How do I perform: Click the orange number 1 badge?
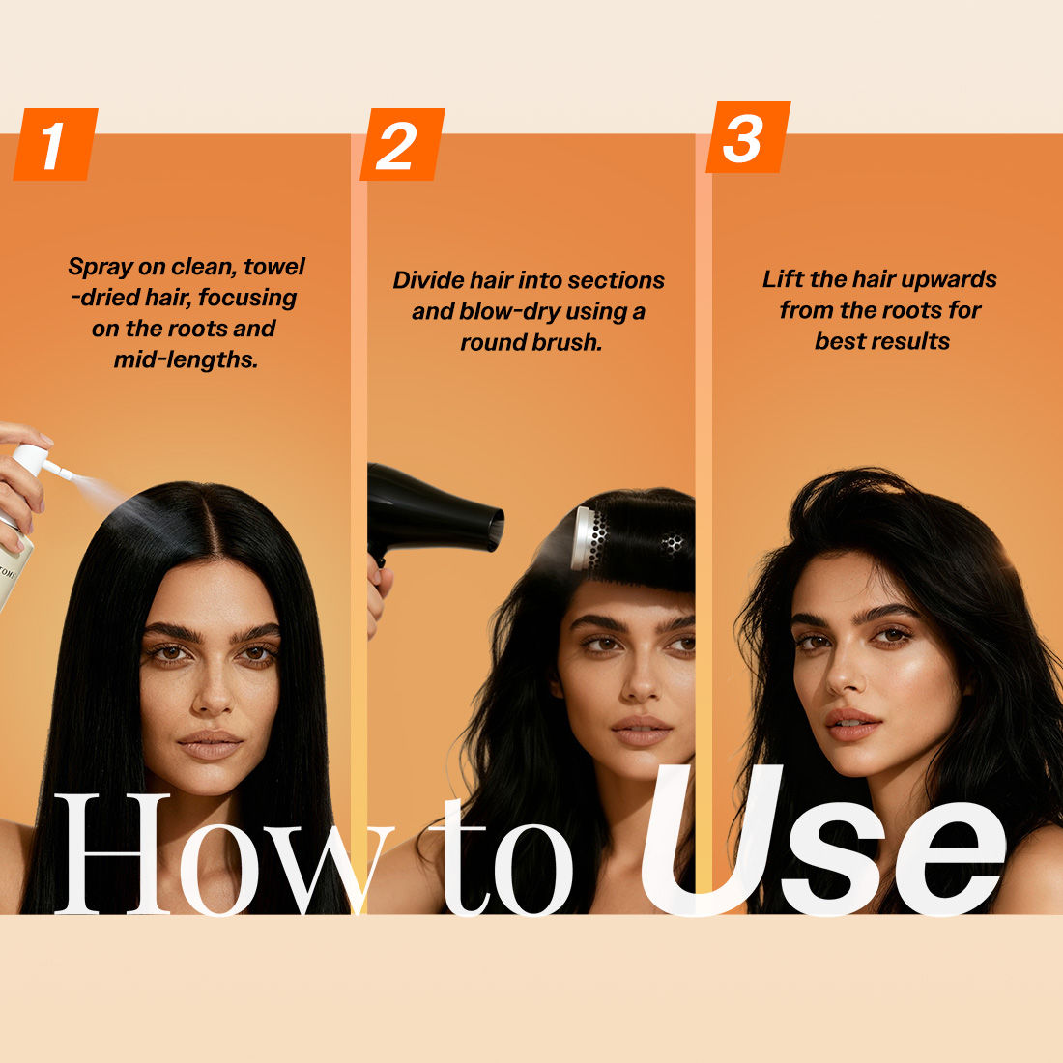(x=56, y=144)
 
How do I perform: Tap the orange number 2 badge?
(x=402, y=144)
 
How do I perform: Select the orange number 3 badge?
(x=748, y=136)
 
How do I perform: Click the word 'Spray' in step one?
(x=101, y=267)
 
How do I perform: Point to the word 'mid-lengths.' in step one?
(x=187, y=359)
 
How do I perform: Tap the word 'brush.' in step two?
(x=568, y=342)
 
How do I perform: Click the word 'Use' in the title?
(x=823, y=841)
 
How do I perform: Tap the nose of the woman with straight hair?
(x=213, y=695)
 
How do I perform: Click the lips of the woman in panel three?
(x=850, y=724)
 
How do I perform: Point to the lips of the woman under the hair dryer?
(x=641, y=731)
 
